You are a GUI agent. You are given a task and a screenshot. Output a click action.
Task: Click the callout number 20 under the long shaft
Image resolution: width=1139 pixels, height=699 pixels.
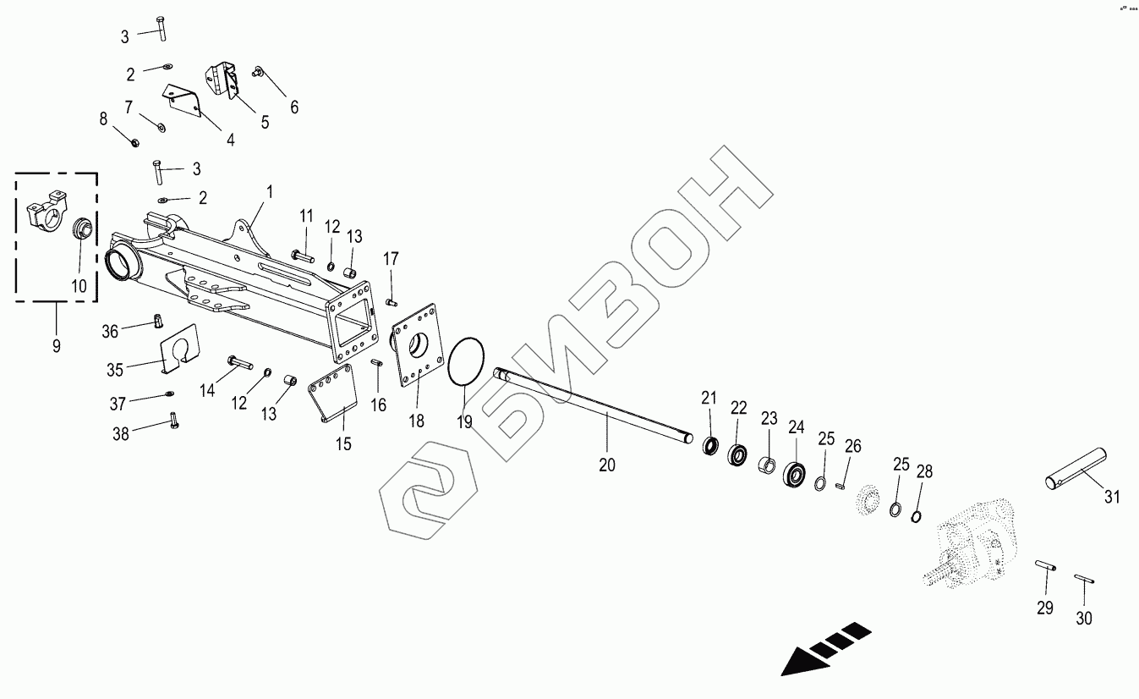[607, 464]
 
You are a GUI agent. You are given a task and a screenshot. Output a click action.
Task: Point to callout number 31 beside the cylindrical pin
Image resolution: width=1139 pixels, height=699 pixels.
[1112, 497]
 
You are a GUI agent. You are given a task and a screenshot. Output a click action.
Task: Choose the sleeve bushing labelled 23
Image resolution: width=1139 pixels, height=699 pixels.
[768, 466]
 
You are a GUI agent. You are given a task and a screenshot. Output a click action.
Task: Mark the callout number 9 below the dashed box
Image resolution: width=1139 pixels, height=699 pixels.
[56, 346]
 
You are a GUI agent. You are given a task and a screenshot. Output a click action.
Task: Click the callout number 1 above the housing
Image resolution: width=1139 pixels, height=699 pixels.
[269, 192]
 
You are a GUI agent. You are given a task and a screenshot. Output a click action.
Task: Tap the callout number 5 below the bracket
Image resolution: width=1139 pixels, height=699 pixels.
[265, 122]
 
